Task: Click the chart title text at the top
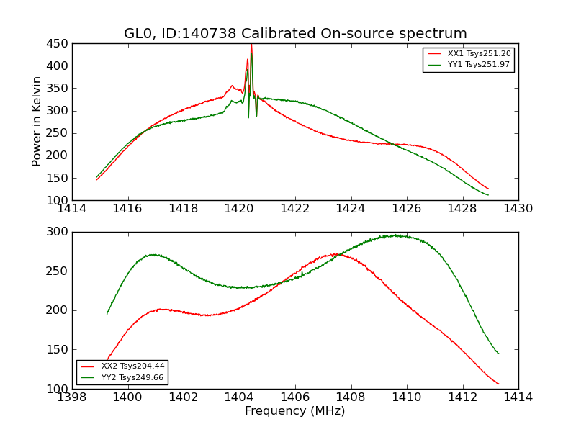coord(295,33)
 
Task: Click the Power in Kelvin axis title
coord(37,122)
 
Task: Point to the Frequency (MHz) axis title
coord(295,411)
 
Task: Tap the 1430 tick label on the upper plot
coord(518,209)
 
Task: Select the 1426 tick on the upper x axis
coord(406,209)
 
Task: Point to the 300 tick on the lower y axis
coord(58,232)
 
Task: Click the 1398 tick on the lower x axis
coord(72,397)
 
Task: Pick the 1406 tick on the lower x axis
coord(295,397)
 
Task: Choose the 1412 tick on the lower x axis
coord(462,397)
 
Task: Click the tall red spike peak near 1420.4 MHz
coord(251,45)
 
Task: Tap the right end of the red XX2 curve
coord(498,384)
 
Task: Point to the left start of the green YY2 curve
coord(107,313)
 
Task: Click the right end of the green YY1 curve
coord(488,195)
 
